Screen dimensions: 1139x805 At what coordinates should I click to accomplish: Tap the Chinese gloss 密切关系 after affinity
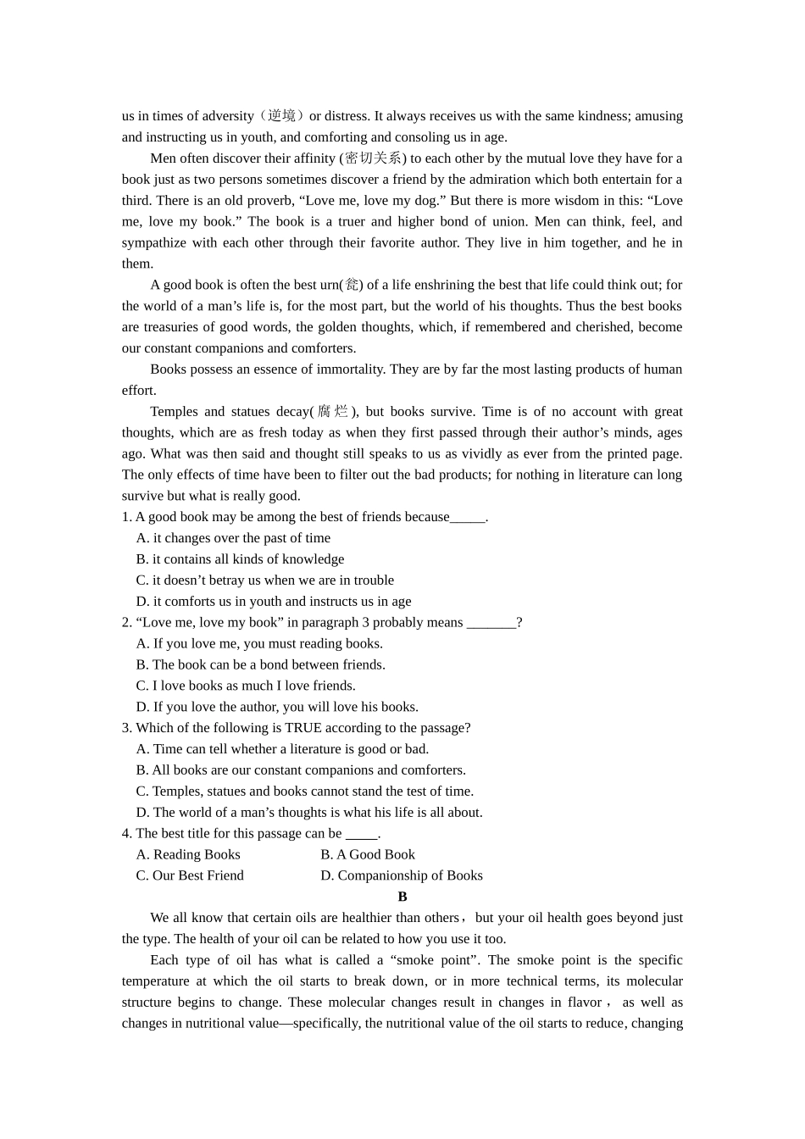point(373,158)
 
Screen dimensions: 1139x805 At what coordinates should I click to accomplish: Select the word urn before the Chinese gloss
point(329,285)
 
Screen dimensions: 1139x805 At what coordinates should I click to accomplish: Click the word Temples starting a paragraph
point(174,412)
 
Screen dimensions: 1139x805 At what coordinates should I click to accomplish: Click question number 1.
point(126,517)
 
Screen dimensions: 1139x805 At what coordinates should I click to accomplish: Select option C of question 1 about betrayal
point(264,581)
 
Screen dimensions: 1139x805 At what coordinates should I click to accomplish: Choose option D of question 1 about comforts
point(273,602)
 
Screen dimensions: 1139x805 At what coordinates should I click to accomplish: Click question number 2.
point(126,623)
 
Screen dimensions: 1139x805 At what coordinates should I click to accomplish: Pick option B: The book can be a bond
point(260,665)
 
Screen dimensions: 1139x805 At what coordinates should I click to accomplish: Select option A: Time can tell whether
point(282,749)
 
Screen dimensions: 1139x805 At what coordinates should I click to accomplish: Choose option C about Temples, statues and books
point(304,792)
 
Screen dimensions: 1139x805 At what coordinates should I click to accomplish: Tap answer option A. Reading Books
point(188,855)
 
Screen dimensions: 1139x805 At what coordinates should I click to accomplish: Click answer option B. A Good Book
point(368,855)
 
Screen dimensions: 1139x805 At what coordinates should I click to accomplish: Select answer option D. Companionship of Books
point(402,876)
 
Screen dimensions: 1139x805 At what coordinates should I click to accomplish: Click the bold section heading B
point(402,897)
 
